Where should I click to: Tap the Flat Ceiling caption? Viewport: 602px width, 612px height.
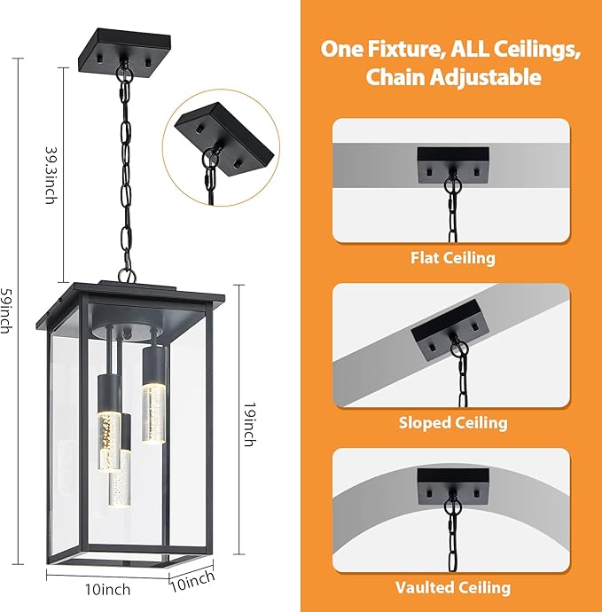point(452,258)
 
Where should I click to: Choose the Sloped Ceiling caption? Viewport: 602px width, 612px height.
point(452,422)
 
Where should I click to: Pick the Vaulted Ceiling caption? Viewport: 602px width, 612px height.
point(452,586)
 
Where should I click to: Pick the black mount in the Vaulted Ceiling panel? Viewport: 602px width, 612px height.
point(453,483)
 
